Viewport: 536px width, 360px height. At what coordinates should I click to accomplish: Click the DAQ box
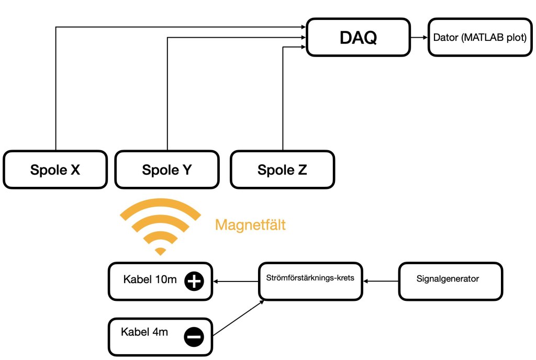click(358, 37)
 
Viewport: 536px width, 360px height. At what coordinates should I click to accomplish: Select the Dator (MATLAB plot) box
click(480, 38)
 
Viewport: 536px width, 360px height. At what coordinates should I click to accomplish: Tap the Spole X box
click(55, 170)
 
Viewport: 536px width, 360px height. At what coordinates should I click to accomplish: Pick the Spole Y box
click(166, 170)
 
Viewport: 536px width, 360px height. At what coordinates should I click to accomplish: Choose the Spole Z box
click(282, 170)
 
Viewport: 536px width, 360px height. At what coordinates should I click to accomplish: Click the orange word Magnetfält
click(251, 226)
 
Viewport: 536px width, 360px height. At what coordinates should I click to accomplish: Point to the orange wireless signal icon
click(160, 225)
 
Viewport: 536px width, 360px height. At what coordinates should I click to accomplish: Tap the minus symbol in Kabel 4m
click(194, 336)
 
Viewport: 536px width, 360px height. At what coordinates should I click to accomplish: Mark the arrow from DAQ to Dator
click(418, 38)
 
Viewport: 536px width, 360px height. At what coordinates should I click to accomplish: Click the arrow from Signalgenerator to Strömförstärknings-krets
click(382, 282)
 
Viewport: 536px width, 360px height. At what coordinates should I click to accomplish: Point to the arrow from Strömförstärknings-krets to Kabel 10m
click(236, 282)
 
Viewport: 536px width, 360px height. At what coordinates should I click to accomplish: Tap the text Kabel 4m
click(144, 332)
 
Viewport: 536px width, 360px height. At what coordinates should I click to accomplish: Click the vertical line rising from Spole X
click(55, 89)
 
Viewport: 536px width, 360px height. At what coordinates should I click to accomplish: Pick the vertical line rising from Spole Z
click(283, 99)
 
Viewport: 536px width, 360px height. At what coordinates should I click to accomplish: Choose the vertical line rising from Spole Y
click(167, 94)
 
